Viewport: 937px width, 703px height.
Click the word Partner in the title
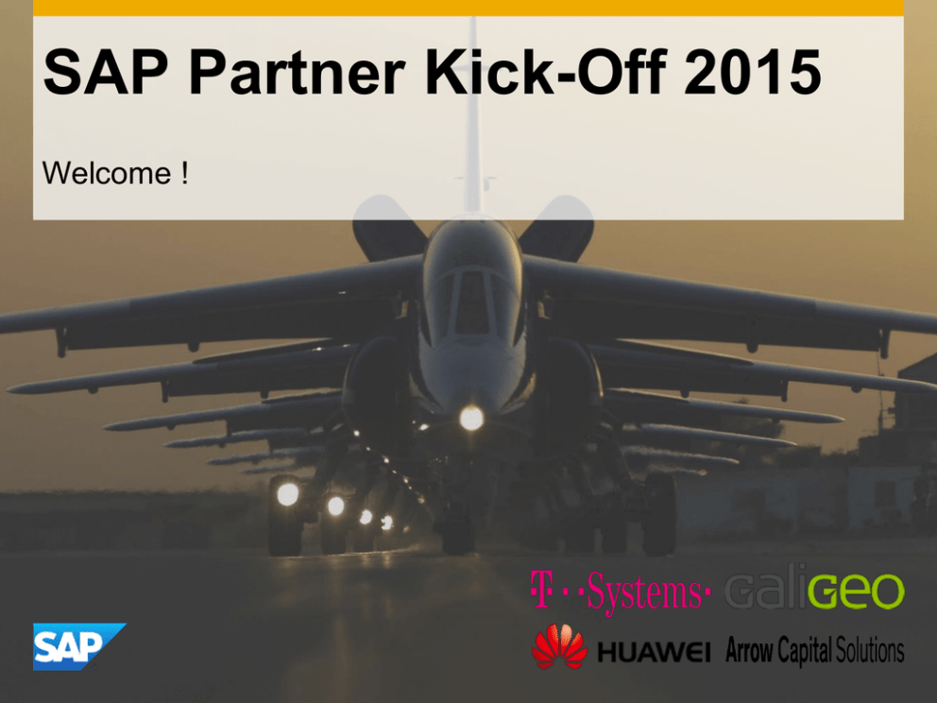coord(297,73)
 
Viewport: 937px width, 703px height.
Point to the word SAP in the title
coord(106,73)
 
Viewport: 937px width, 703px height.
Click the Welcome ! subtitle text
coord(115,173)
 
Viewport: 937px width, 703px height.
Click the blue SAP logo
coord(79,646)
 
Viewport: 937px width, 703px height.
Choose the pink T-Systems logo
coord(620,592)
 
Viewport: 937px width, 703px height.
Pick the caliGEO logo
coord(814,591)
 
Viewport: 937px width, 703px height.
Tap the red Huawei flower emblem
coord(559,646)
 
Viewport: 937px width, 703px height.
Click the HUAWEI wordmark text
coord(654,652)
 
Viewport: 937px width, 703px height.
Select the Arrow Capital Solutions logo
coord(814,650)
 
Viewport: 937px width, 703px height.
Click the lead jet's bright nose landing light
coord(471,418)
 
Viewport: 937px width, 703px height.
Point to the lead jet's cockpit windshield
coord(473,301)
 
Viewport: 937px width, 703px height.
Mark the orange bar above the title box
coord(468,8)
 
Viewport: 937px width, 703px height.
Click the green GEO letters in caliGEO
coord(857,592)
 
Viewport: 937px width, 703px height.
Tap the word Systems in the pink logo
coord(644,592)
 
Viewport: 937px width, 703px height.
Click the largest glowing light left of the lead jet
coord(287,494)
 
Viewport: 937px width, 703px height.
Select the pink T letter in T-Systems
coord(541,590)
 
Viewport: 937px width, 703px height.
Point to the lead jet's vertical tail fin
coord(472,113)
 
